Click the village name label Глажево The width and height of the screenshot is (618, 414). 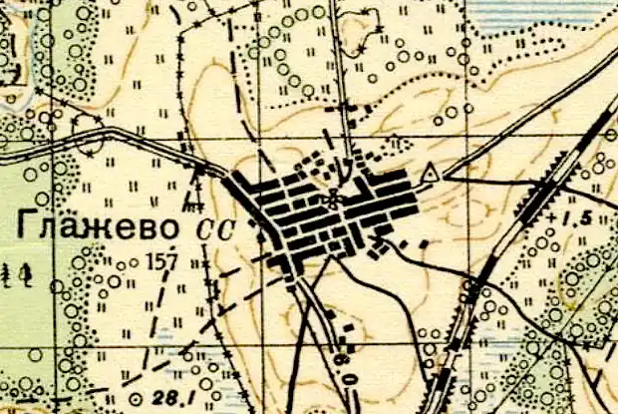pyautogui.click(x=97, y=227)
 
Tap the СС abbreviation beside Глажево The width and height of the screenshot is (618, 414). pyautogui.click(x=213, y=228)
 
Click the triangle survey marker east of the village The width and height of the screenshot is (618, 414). pyautogui.click(x=430, y=175)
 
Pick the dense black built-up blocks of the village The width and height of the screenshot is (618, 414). pyautogui.click(x=329, y=214)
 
